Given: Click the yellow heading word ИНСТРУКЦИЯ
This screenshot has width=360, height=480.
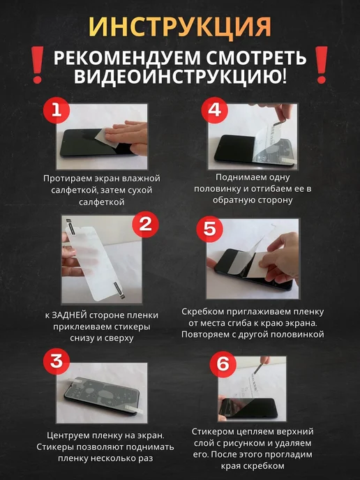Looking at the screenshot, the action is pyautogui.click(x=180, y=27).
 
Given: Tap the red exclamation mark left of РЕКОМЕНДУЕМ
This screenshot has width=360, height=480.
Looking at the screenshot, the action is pyautogui.click(x=38, y=65).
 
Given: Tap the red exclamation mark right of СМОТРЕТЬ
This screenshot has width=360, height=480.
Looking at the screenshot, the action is pyautogui.click(x=322, y=65).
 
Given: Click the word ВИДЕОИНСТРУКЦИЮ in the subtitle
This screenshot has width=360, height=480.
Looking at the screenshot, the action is pyautogui.click(x=177, y=77).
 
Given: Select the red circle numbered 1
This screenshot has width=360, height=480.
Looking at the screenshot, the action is pyautogui.click(x=57, y=110).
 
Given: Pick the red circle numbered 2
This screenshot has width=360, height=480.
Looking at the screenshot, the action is pyautogui.click(x=145, y=225).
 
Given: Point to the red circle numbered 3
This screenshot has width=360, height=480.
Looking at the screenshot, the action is pyautogui.click(x=57, y=361).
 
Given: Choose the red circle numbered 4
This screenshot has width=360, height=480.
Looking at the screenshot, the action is pyautogui.click(x=215, y=110).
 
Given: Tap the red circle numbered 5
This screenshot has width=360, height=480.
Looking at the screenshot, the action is pyautogui.click(x=210, y=228).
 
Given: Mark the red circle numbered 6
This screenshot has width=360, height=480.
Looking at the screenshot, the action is pyautogui.click(x=223, y=364).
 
